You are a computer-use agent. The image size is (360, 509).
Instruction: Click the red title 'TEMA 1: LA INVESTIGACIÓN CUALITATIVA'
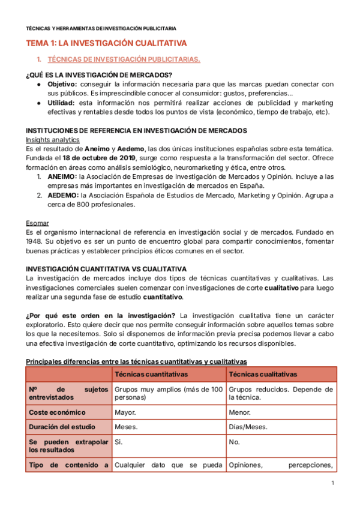(106, 43)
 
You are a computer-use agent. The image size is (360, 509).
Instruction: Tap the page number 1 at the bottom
(332, 483)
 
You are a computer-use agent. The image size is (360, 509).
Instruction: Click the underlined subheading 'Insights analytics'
(53, 139)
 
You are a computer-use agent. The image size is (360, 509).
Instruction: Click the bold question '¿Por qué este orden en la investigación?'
(101, 316)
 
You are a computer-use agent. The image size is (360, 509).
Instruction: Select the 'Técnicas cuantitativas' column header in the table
(151, 374)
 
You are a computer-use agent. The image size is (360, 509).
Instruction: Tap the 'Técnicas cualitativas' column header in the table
(263, 374)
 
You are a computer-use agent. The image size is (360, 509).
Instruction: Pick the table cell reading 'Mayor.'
(125, 412)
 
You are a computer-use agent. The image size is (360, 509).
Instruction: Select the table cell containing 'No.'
(235, 441)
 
